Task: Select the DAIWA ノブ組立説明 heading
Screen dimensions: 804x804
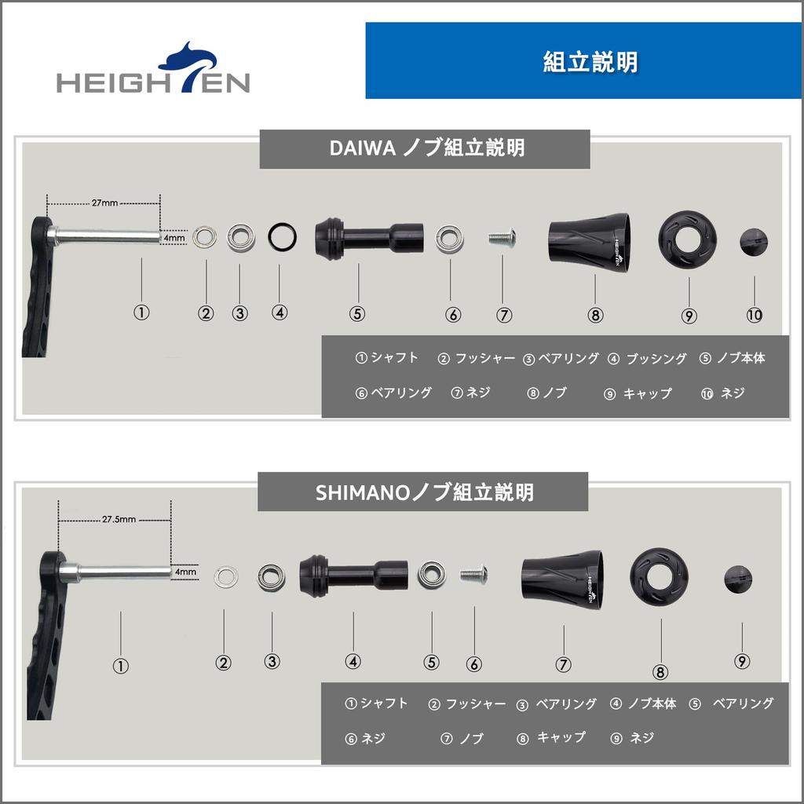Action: coord(425,148)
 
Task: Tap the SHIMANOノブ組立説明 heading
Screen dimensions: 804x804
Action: coord(424,492)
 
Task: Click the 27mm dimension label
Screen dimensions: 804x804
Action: coord(104,203)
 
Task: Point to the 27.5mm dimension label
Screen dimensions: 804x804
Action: coord(119,519)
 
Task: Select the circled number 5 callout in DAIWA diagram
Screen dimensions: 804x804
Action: coord(357,313)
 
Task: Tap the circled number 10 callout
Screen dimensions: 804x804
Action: coord(754,315)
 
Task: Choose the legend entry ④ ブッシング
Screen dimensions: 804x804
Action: coord(648,359)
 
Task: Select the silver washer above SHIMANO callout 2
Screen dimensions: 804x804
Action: coord(227,576)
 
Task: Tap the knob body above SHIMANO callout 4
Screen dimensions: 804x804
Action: coord(353,576)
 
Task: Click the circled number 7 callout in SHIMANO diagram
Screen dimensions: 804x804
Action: coord(563,663)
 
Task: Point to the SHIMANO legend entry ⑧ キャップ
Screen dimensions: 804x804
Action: coord(551,738)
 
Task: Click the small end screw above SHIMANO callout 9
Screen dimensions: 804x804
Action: coord(739,579)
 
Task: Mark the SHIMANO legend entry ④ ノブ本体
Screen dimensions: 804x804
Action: coord(643,703)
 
